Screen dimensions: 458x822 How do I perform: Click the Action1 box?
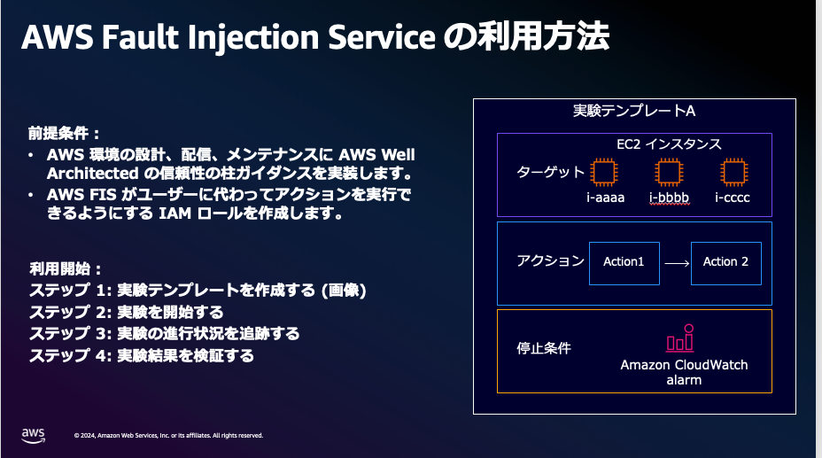(x=624, y=262)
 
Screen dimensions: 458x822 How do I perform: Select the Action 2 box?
(x=725, y=262)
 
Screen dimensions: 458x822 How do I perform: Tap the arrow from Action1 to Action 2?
(x=676, y=262)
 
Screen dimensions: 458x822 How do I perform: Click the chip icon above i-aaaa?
(x=605, y=172)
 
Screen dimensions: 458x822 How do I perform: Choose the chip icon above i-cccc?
(x=732, y=172)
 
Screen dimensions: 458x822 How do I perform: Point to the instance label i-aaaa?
(x=605, y=198)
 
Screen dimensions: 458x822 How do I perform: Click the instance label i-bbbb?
(x=669, y=198)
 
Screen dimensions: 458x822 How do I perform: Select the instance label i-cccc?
(x=732, y=198)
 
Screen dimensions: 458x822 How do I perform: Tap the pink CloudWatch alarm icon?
(x=679, y=339)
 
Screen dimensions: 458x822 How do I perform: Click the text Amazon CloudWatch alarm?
(x=684, y=372)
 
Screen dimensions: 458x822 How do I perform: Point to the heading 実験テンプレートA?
(x=633, y=112)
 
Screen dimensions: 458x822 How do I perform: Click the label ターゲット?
(x=550, y=172)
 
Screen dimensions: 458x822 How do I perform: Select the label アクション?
(x=550, y=261)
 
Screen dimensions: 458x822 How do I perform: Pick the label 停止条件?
(x=543, y=348)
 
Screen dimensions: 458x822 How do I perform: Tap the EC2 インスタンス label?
(x=669, y=144)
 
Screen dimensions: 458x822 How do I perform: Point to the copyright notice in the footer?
(x=168, y=436)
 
